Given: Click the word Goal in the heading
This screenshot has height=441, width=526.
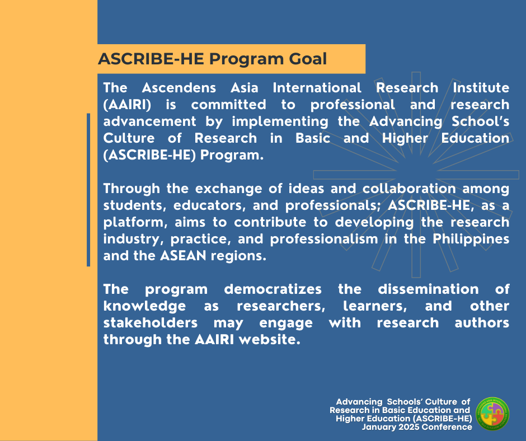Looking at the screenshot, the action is point(308,59).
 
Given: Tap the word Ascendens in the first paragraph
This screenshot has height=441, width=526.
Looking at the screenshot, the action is point(179,88).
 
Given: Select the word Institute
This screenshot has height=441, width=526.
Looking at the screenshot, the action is point(481,88).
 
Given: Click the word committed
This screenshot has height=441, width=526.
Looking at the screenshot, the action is point(229,105).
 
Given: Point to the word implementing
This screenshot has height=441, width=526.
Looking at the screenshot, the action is point(280,122).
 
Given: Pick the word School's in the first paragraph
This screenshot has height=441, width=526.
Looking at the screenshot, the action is point(480,121).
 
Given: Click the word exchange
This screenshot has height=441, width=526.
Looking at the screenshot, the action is point(229,189).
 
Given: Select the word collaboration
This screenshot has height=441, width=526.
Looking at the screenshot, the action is point(409,189).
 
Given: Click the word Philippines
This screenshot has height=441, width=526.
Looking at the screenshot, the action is point(471,240).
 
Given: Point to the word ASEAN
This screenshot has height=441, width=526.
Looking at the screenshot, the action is point(183,256).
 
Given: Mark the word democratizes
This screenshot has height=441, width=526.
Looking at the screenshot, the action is point(273,289).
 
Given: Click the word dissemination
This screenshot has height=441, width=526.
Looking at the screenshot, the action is point(429,289).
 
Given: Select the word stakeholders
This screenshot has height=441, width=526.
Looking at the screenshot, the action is point(151,323).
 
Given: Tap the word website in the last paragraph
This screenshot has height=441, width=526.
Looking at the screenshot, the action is point(270,340).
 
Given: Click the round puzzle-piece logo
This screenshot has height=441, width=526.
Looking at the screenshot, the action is point(492,414).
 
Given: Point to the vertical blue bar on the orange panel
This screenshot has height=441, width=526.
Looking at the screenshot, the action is point(88,190).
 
